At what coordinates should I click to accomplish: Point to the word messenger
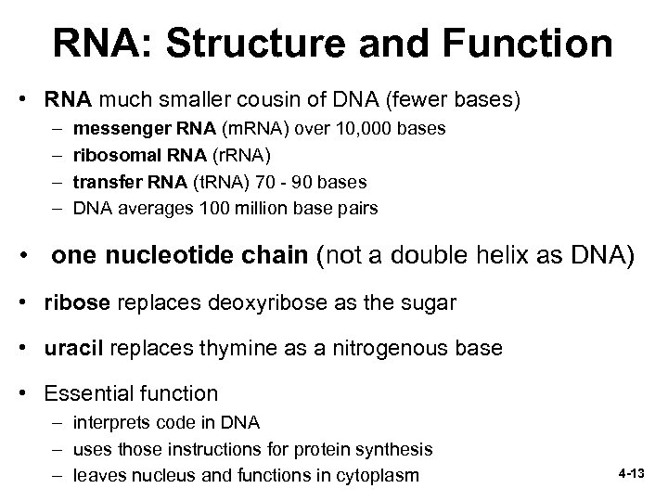[116, 126]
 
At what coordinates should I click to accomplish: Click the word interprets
[109, 423]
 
